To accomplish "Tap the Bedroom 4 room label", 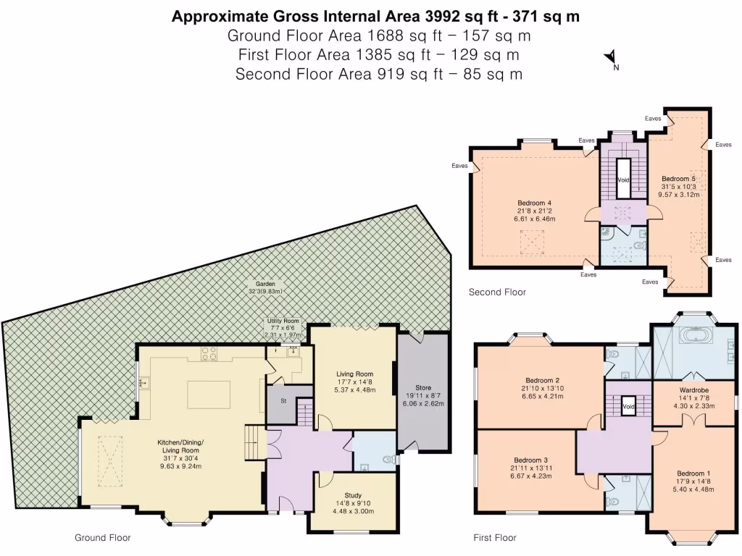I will tap(535, 203).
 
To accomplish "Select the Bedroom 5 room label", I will tap(678, 178).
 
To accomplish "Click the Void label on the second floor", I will tap(623, 179).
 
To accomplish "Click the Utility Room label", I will tap(283, 321).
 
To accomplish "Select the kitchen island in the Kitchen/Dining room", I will tap(209, 395).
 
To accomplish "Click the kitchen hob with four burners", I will tap(209, 353).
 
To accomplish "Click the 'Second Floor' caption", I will tap(497, 292).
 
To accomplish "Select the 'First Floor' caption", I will tap(495, 538).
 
